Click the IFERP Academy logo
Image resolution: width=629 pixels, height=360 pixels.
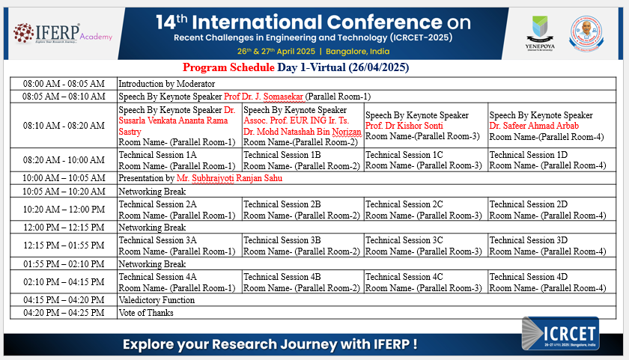63,33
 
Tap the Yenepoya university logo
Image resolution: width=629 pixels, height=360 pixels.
540,33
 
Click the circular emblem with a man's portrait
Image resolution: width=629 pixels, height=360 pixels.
586,33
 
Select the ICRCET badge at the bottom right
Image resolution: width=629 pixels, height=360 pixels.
560,334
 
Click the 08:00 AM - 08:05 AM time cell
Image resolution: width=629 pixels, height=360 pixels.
64,84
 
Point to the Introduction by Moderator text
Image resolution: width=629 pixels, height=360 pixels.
166,84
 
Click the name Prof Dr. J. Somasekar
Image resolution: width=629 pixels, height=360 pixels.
263,97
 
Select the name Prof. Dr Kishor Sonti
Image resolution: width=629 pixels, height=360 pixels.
404,126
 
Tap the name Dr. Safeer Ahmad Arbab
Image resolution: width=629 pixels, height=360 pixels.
534,126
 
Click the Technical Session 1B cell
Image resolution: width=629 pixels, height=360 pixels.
303,160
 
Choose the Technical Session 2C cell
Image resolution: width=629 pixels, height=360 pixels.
426,210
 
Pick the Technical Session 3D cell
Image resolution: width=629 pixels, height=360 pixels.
552,245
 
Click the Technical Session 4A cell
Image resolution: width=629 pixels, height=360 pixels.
179,282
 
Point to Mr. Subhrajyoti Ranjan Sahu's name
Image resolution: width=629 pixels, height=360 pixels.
229,178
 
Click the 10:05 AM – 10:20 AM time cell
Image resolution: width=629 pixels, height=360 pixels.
64,191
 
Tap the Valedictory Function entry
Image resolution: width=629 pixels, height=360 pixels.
157,300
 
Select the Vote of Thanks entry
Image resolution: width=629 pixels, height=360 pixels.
145,313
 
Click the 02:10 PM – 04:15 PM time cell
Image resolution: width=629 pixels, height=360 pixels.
64,282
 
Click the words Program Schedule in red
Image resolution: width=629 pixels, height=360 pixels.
228,67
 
